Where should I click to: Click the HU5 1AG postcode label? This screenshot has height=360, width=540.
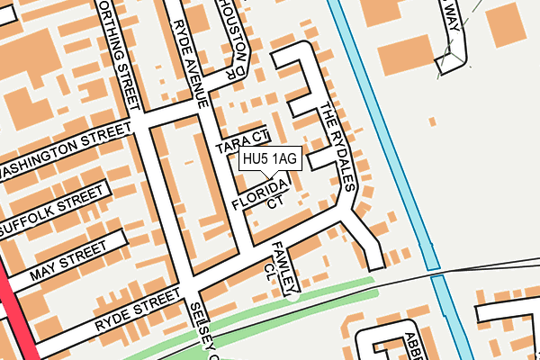(x=269, y=159)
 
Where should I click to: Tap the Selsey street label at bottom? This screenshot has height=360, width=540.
(x=203, y=330)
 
